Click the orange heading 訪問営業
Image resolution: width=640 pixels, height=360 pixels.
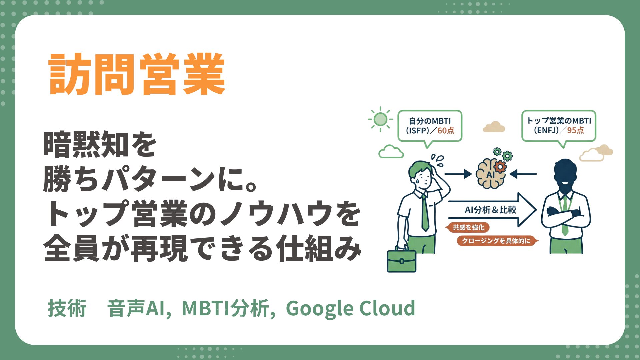[x=137, y=74]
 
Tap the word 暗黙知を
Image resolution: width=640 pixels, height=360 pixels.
[x=100, y=144]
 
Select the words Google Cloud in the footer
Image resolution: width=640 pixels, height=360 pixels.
[x=350, y=308]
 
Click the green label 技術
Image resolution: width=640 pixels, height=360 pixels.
[x=67, y=308]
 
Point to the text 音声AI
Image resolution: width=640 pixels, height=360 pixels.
[x=136, y=308]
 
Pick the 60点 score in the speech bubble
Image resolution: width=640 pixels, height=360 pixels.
[x=446, y=131]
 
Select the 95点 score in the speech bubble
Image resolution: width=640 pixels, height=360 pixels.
[x=575, y=130]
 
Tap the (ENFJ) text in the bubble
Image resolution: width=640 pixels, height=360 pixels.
[x=546, y=130]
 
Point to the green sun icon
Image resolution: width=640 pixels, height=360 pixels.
[x=380, y=119]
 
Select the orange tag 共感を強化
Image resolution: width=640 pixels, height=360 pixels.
[x=468, y=227]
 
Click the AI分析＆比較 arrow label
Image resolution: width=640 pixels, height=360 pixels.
[x=490, y=210]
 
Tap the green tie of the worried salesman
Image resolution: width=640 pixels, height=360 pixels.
[x=425, y=213]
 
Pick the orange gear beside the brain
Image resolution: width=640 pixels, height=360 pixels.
[x=500, y=166]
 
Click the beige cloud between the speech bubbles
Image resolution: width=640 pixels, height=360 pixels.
[x=494, y=127]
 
